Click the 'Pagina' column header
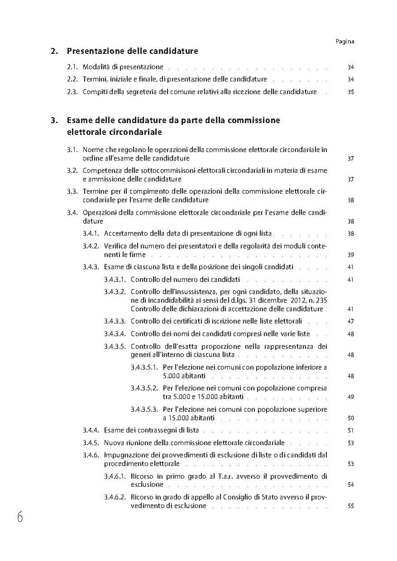(345, 41)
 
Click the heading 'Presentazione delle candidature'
(132, 51)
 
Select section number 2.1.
(73, 67)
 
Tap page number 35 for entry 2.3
(350, 92)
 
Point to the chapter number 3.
(53, 120)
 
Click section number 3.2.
(73, 170)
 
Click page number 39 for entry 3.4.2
(350, 255)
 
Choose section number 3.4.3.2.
(115, 292)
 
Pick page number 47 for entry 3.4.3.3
(350, 321)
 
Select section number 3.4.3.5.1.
(144, 367)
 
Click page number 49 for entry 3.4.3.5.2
(350, 397)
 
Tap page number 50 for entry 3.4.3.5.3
(350, 418)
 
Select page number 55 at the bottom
(350, 506)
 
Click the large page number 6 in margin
(20, 517)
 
